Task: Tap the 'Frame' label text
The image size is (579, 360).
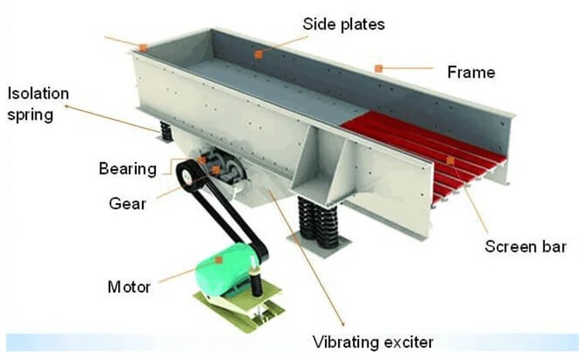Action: coord(471,73)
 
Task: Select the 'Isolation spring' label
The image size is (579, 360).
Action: coord(39,105)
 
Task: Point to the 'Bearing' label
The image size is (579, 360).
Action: coord(127,168)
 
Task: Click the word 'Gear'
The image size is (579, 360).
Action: coord(127,204)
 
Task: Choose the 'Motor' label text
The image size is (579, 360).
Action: coord(129,288)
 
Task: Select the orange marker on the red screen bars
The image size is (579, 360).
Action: coord(450,160)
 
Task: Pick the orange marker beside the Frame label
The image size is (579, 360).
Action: coord(378,69)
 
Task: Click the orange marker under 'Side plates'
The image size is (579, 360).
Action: coord(259,55)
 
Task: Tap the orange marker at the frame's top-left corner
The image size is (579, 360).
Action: coord(144,48)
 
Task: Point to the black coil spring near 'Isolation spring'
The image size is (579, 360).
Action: coord(164,131)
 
